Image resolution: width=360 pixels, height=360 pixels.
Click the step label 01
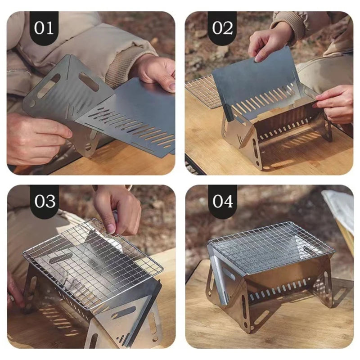pyautogui.click(x=44, y=27)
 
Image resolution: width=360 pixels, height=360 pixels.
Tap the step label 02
pyautogui.click(x=222, y=27)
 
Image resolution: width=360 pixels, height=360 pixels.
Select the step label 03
pyautogui.click(x=44, y=201)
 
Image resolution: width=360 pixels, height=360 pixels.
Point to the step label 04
pyautogui.click(x=222, y=201)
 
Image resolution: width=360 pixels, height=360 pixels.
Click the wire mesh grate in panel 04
pyautogui.click(x=270, y=245)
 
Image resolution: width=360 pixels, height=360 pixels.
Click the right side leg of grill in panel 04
pyautogui.click(x=326, y=283)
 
